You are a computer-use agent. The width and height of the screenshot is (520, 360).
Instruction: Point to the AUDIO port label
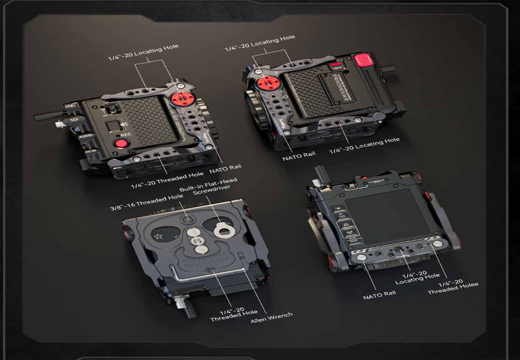(85, 136)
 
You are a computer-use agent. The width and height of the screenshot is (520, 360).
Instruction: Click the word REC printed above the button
(125, 135)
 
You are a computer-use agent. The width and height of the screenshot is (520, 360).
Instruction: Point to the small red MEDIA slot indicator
(336, 64)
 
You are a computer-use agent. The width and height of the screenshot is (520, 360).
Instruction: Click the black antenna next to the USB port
(48, 116)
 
